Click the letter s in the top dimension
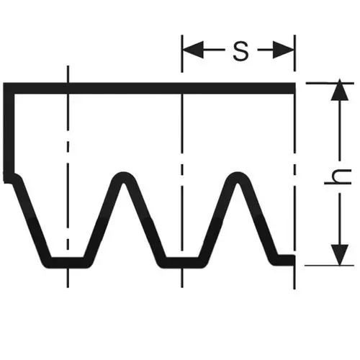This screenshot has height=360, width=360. [240, 51]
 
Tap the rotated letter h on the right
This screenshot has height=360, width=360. [338, 176]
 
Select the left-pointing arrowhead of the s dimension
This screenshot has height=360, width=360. [194, 50]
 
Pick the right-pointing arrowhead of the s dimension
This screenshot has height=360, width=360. [283, 50]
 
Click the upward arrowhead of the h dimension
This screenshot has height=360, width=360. [340, 89]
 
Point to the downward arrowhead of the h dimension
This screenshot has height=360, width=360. [340, 255]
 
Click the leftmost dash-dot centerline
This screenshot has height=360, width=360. [68, 176]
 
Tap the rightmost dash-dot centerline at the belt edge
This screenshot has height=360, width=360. [294, 162]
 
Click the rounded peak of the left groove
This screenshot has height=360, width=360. [123, 177]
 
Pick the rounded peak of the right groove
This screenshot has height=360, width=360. [238, 177]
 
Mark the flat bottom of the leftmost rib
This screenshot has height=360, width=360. [68, 263]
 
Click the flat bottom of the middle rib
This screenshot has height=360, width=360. [182, 263]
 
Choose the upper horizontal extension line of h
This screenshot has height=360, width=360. [330, 84]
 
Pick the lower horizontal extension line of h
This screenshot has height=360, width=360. [329, 266]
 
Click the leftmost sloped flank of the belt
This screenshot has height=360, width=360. [32, 219]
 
